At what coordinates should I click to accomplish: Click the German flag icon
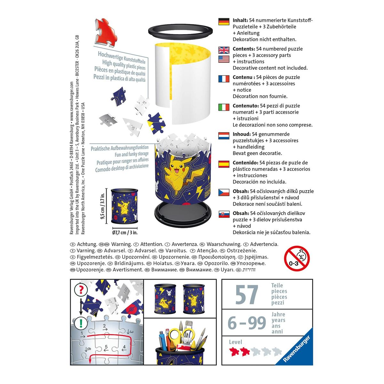point(224,21)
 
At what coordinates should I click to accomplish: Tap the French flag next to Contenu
point(224,79)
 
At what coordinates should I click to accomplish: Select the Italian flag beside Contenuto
point(224,107)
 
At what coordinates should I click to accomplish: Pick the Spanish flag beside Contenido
point(224,164)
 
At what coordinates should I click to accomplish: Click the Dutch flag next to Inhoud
point(224,136)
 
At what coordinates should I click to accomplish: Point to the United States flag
point(224,59)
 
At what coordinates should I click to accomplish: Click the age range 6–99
point(247,323)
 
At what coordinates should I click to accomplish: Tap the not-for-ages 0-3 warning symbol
point(297,258)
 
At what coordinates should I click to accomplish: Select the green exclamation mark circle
point(81,322)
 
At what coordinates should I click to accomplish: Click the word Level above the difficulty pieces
point(236,342)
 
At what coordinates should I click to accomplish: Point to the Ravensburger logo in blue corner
point(297,349)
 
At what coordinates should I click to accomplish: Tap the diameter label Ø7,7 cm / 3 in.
point(125,233)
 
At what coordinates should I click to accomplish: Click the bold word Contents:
point(244,49)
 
